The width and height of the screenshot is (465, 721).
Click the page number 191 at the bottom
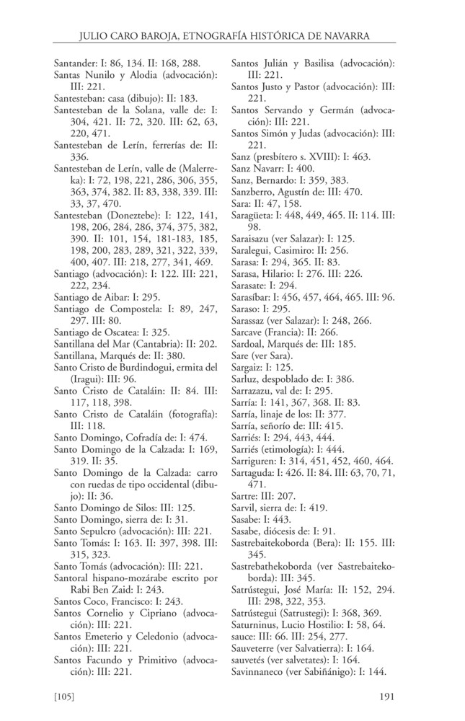point(387,696)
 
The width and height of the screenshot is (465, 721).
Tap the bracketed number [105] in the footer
point(67,696)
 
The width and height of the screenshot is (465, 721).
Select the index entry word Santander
point(77,63)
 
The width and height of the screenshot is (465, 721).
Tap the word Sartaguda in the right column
point(254,473)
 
